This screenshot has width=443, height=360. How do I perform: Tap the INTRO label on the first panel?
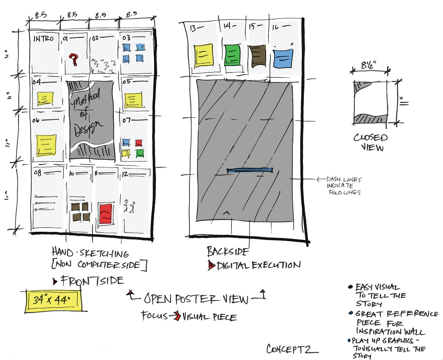click(43, 39)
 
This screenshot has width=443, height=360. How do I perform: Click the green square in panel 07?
click(139, 153)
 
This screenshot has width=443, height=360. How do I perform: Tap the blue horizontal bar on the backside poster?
click(250, 170)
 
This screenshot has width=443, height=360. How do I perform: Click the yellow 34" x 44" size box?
click(52, 301)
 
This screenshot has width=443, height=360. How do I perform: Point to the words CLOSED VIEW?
click(371, 142)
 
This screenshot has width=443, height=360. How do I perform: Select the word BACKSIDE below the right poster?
click(227, 251)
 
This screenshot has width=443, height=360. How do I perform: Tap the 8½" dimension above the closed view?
click(370, 66)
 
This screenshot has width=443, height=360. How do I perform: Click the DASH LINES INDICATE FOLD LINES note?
click(344, 186)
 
